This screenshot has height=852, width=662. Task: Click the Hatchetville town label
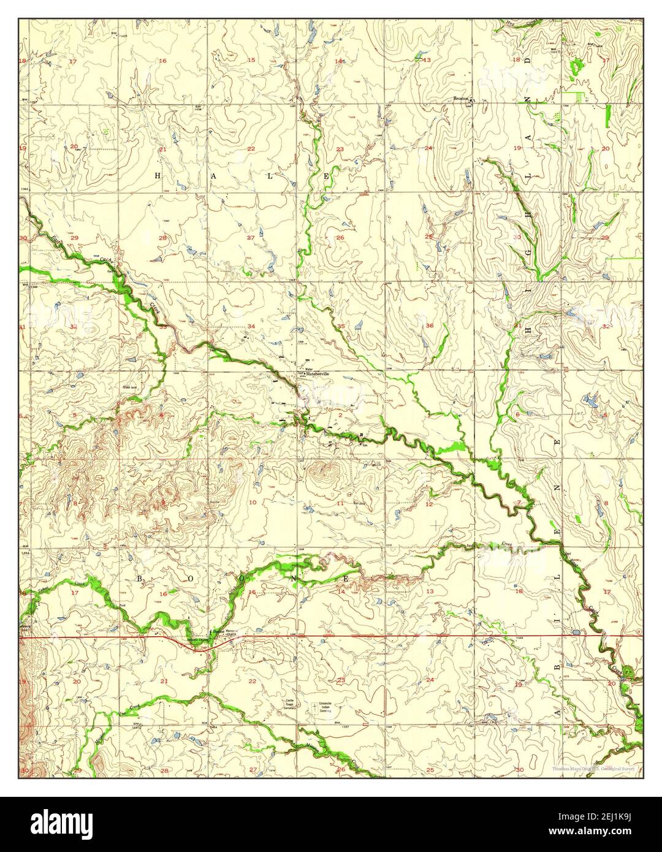pyautogui.click(x=318, y=373)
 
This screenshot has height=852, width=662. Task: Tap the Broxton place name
pyautogui.click(x=461, y=98)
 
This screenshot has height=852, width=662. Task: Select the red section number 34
pyautogui.click(x=251, y=326)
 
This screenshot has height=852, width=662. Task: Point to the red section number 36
pyautogui.click(x=430, y=325)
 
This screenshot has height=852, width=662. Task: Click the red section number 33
pyautogui.click(x=163, y=327)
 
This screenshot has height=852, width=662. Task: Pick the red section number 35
pyautogui.click(x=341, y=326)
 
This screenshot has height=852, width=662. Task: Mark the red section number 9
pyautogui.click(x=163, y=503)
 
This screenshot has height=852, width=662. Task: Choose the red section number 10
pyautogui.click(x=252, y=503)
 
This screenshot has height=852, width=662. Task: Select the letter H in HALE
pyautogui.click(x=157, y=175)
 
